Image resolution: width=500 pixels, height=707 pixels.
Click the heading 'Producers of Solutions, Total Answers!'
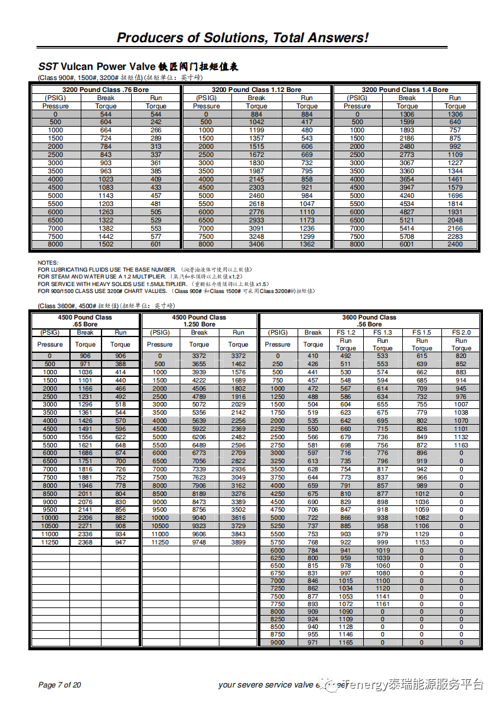(242, 38)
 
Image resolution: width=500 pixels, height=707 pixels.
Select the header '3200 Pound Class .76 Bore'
(105, 90)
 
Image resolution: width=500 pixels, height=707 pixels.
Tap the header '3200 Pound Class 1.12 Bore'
(256, 90)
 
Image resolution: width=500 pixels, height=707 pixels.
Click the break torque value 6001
(407, 244)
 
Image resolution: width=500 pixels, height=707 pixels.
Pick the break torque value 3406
(257, 244)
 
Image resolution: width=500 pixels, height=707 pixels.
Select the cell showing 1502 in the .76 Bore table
(105, 244)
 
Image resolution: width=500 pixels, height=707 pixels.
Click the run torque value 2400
(455, 244)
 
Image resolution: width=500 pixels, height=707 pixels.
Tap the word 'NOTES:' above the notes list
(48, 263)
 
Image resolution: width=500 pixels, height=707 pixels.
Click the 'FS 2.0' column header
(461, 333)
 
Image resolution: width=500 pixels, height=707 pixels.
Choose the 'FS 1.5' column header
(422, 333)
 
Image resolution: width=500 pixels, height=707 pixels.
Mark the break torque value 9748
(199, 543)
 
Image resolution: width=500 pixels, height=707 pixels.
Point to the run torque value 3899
(238, 543)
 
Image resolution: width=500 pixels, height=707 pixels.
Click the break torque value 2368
(85, 543)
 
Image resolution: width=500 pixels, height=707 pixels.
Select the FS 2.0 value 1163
(461, 445)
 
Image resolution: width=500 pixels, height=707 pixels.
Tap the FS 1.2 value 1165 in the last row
(346, 643)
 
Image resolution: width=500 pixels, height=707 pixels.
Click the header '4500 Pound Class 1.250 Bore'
(199, 321)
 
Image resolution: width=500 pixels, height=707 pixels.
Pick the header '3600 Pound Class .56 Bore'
(369, 321)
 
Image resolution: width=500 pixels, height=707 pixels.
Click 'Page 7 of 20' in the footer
(60, 685)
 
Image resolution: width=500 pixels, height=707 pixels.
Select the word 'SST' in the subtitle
(48, 67)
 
